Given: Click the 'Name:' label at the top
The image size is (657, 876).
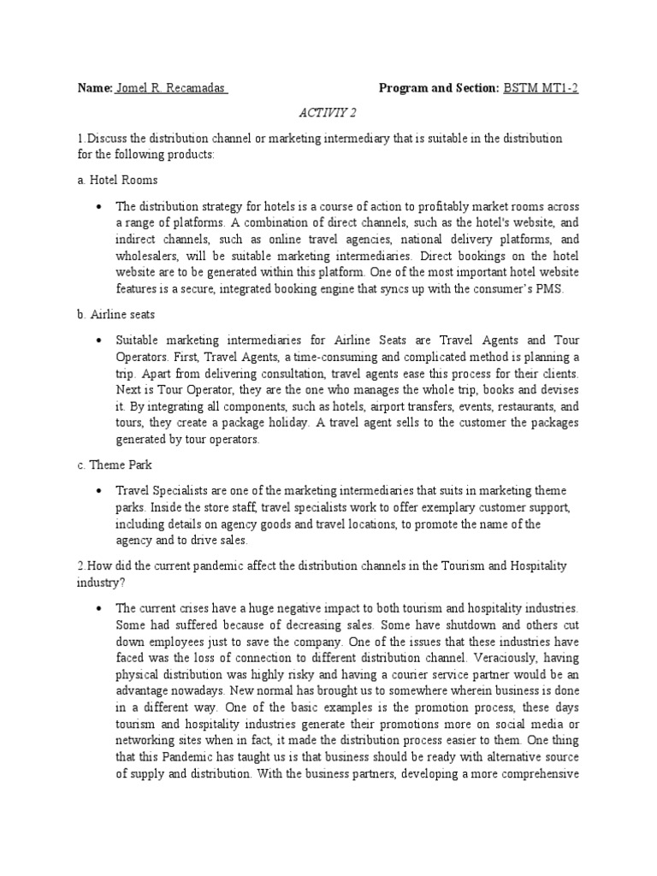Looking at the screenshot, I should tap(95, 88).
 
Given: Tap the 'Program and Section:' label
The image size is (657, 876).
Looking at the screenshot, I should tap(439, 88).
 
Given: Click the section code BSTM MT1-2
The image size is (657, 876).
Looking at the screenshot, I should tap(547, 88).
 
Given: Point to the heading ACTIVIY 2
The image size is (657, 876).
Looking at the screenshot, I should tap(328, 112).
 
